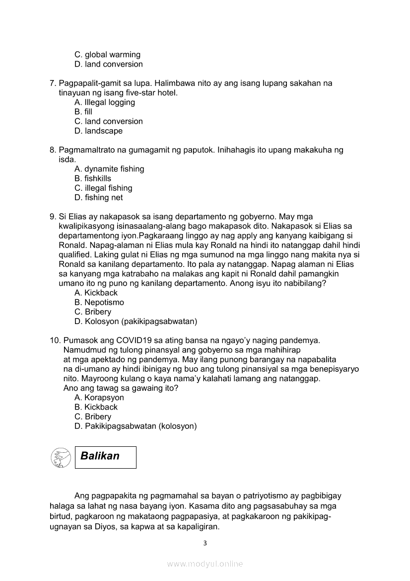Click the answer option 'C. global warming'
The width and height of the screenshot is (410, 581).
(107, 55)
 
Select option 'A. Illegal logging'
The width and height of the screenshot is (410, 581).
(105, 102)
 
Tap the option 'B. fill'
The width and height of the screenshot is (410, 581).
(83, 112)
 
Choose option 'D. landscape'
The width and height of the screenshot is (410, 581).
(98, 131)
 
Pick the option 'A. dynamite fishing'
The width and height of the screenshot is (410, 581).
(109, 169)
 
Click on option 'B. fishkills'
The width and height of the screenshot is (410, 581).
(93, 178)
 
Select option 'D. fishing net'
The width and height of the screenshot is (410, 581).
(98, 198)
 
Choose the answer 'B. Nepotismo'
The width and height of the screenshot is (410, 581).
(99, 302)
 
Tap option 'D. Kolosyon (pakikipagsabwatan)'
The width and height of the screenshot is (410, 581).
(136, 322)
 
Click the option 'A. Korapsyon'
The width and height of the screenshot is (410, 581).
(99, 398)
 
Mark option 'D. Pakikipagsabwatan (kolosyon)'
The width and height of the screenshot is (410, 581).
(136, 426)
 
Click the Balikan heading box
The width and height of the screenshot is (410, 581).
(105, 457)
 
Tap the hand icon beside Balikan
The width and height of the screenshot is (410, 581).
(61, 457)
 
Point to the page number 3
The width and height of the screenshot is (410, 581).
(205, 543)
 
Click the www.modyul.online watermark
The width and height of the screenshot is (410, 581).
(205, 564)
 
